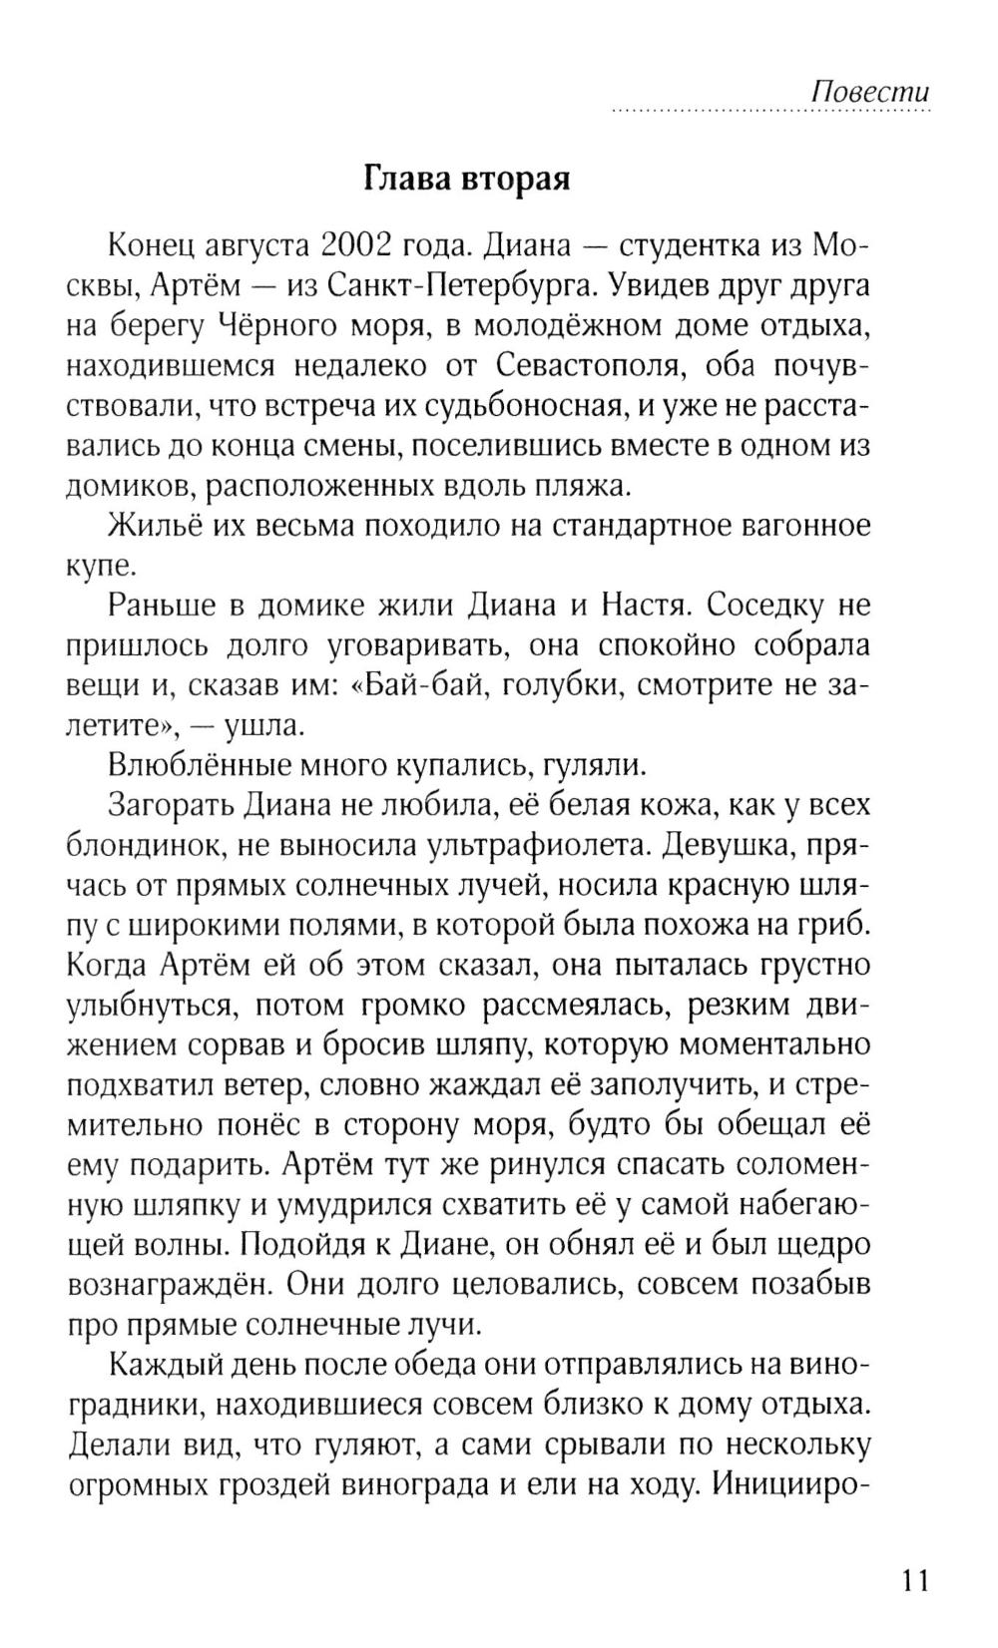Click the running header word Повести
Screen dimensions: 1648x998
click(869, 92)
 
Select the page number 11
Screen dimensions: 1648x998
click(914, 1553)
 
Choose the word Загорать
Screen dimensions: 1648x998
click(171, 806)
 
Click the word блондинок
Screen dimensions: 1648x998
click(138, 846)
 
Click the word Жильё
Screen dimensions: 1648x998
click(148, 526)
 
